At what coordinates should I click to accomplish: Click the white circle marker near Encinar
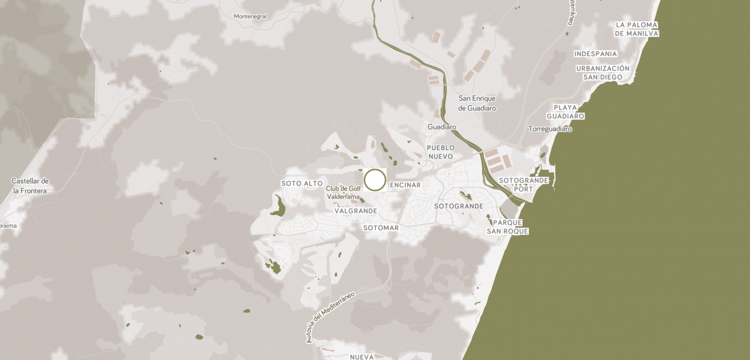coord(375,180)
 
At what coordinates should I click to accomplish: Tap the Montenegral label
coord(250,17)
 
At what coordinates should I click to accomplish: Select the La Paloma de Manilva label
coord(637,29)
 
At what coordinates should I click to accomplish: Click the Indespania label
coord(595,54)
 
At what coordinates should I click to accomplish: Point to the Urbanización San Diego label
coord(602,73)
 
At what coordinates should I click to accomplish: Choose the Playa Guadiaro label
coord(565,112)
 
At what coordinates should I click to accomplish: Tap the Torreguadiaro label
coord(550,129)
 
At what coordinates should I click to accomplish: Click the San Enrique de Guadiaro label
coord(477,103)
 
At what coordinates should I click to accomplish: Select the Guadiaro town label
coord(441,126)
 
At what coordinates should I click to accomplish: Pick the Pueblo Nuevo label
coord(440,152)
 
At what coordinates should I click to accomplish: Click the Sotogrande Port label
coord(523,184)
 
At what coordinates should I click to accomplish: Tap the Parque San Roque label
coord(507,227)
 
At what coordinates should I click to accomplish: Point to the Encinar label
coord(405,185)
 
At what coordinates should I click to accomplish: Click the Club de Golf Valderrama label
coord(344,192)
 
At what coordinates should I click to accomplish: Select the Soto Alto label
coord(302,183)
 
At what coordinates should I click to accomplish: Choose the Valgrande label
coord(356,211)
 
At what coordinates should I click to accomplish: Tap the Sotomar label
coord(381,228)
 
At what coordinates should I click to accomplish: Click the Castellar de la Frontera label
coord(30,185)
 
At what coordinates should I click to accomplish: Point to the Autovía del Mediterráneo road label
coord(330,317)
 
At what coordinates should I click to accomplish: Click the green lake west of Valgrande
coord(278,207)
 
